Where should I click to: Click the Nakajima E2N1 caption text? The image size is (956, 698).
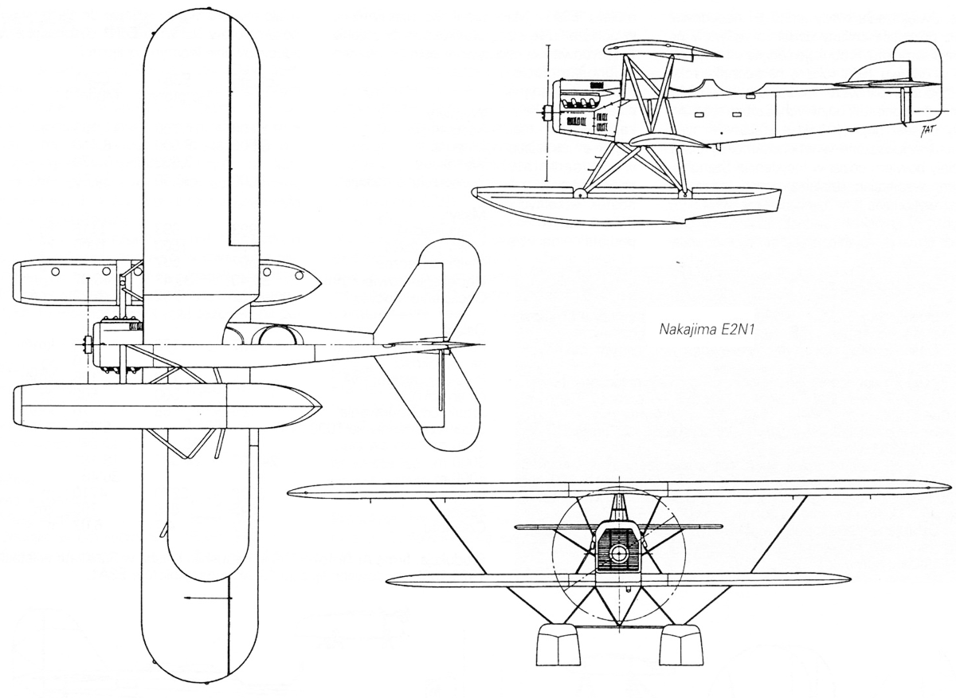[706, 330]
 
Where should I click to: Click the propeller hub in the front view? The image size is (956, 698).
[618, 554]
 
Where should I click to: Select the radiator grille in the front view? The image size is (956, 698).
[618, 549]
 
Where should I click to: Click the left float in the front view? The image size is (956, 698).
[558, 645]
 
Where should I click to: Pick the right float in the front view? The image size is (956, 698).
[680, 645]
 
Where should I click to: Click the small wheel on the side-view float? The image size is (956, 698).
[579, 194]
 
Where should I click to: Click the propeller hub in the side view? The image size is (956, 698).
[546, 112]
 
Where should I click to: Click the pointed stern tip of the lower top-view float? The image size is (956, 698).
[321, 405]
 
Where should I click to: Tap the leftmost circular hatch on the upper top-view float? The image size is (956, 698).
[55, 272]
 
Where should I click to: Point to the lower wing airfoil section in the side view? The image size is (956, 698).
[670, 139]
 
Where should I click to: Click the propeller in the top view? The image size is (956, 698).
[88, 344]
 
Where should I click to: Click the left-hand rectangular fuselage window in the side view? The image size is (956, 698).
[699, 115]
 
